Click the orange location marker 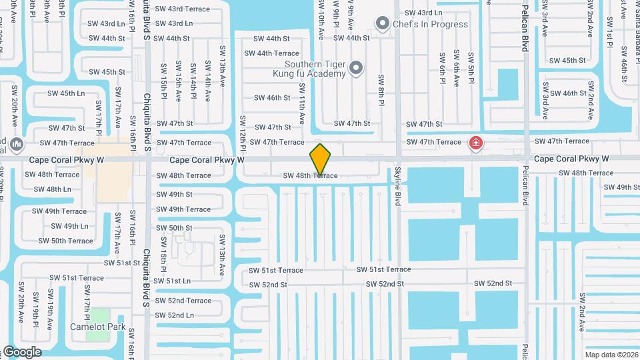point(320,159)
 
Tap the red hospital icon point(475,141)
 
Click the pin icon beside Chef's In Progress point(382,25)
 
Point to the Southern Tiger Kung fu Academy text point(313,69)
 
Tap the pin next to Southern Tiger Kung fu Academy point(356,67)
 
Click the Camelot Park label point(97,327)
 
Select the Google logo point(21,352)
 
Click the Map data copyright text point(611,355)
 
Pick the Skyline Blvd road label point(397,186)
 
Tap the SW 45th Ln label point(63,93)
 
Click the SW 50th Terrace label point(65,241)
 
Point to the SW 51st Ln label point(174,281)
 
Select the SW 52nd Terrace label point(183,301)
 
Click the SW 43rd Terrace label point(183,9)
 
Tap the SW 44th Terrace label point(271,53)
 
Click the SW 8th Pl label point(381,90)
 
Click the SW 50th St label point(174,228)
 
